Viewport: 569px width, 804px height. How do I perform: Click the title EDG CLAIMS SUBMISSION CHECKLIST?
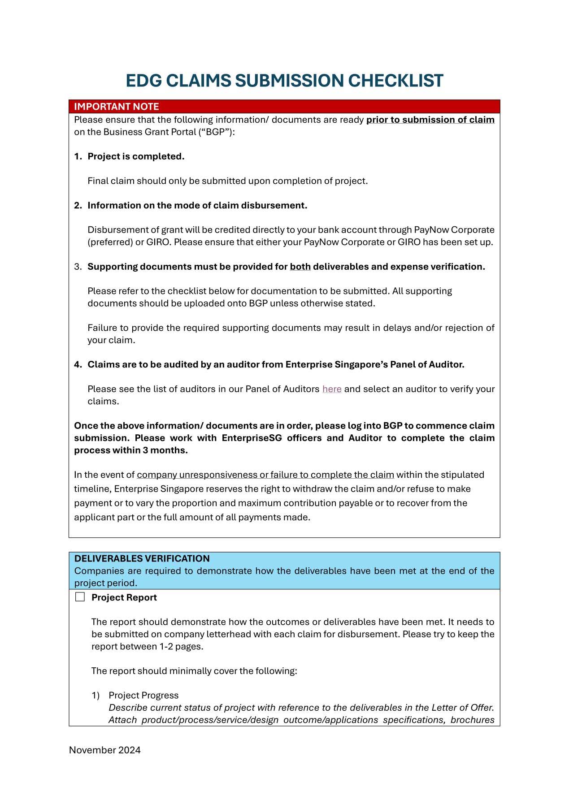click(284, 81)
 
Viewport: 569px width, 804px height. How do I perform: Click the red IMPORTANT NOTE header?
click(117, 107)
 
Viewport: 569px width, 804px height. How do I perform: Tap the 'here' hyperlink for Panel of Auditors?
click(332, 389)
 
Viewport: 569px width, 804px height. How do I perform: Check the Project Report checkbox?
click(80, 597)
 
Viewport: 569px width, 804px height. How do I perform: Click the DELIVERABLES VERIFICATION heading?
click(142, 558)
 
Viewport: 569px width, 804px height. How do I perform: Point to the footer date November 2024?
click(104, 750)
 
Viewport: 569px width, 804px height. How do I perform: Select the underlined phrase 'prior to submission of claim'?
click(430, 120)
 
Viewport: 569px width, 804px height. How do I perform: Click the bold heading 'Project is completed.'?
click(136, 156)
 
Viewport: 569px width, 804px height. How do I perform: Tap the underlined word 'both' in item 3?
click(300, 267)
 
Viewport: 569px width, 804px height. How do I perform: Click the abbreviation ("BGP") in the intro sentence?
click(215, 132)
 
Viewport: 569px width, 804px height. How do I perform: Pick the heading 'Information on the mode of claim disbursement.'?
click(197, 205)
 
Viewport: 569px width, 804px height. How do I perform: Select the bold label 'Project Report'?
click(124, 597)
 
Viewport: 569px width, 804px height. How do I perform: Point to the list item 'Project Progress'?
click(143, 695)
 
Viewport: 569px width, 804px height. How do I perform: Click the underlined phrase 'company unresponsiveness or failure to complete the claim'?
click(265, 475)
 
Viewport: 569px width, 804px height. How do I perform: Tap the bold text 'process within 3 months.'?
click(131, 450)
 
